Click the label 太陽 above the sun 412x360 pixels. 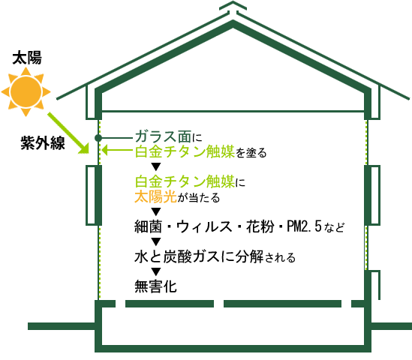coord(27,57)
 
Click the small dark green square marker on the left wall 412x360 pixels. coord(98,137)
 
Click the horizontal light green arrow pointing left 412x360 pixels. coord(117,151)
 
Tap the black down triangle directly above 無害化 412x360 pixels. coord(156,271)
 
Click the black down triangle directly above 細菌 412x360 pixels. coord(156,211)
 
